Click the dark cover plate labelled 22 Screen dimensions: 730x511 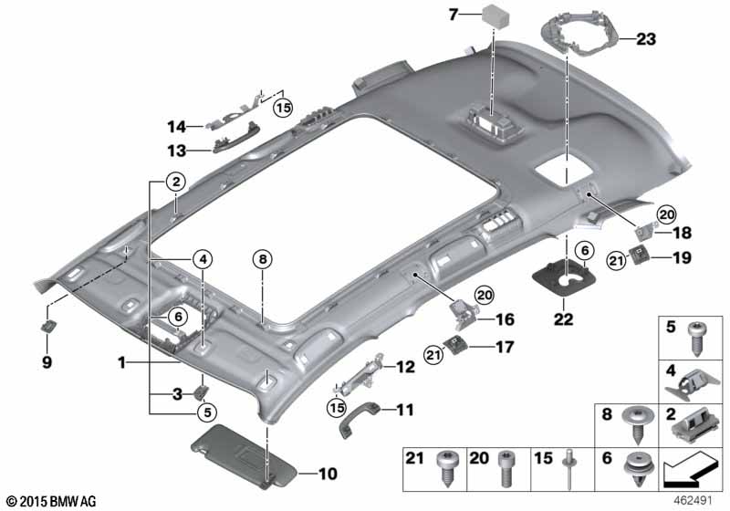click(x=564, y=277)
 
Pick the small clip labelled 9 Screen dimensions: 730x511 click(x=48, y=327)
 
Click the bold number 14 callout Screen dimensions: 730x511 click(x=177, y=127)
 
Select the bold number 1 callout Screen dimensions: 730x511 click(x=122, y=362)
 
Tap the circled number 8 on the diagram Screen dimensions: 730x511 click(x=263, y=259)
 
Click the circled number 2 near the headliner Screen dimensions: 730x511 click(x=175, y=182)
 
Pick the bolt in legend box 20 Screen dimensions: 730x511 click(x=506, y=468)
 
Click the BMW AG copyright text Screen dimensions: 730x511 click(x=52, y=501)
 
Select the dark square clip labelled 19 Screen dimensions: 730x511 click(x=637, y=254)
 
